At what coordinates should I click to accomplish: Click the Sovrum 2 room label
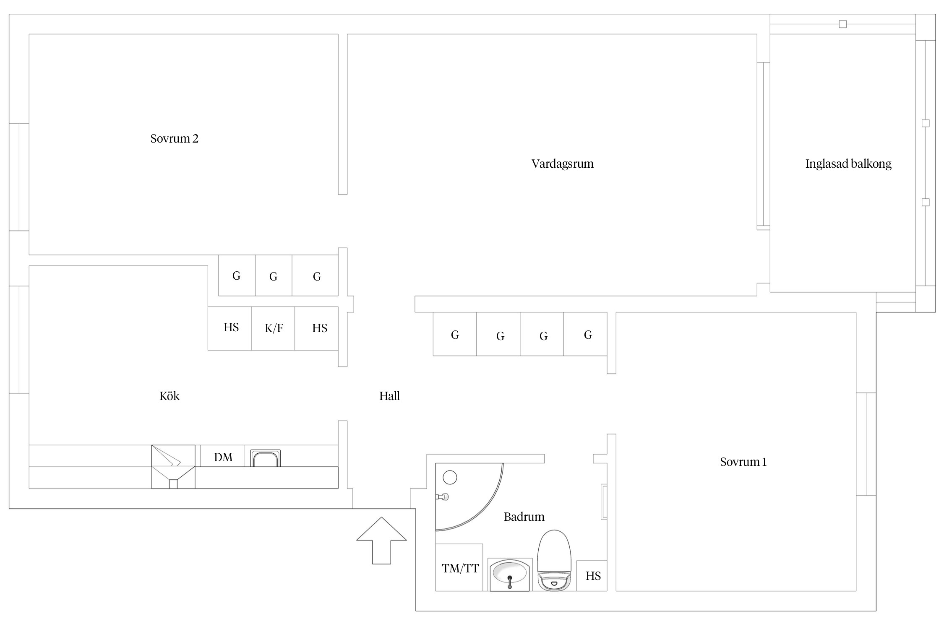(174, 138)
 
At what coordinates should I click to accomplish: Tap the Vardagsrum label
(562, 164)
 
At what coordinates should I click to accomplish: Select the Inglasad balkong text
(848, 164)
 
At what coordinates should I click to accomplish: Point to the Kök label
(169, 396)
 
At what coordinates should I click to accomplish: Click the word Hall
(389, 396)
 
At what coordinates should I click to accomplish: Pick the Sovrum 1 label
(743, 462)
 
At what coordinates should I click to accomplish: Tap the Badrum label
(524, 517)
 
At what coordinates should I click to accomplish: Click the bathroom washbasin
(510, 574)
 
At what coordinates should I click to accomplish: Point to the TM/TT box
(459, 568)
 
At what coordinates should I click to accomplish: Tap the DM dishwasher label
(223, 457)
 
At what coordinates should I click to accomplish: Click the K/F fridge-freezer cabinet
(273, 328)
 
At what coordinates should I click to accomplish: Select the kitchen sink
(265, 458)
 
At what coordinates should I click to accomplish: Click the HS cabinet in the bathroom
(592, 576)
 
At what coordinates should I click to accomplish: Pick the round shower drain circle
(450, 477)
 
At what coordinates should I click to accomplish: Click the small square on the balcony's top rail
(842, 24)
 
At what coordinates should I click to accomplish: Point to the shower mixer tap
(443, 497)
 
